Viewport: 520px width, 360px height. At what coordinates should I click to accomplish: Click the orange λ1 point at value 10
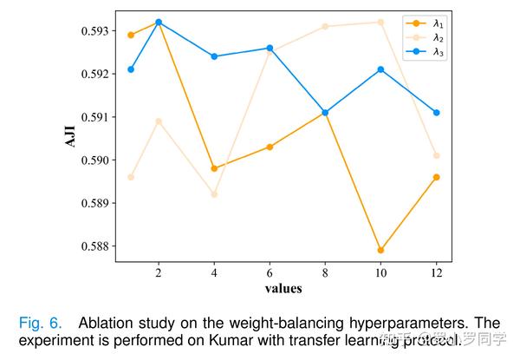pos(380,250)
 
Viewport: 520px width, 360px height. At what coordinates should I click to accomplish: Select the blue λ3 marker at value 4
pos(214,56)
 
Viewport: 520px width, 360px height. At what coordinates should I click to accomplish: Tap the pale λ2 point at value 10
pos(380,22)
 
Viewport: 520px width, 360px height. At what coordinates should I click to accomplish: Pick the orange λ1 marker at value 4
pos(214,168)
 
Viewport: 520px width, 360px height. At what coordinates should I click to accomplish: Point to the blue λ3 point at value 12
pos(436,113)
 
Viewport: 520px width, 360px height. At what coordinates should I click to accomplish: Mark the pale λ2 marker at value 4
pos(214,194)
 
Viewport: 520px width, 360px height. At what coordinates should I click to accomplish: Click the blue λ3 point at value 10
pos(380,69)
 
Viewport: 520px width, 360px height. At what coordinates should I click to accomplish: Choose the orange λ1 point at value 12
pos(436,177)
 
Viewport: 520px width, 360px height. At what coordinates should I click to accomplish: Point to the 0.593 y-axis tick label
pos(94,31)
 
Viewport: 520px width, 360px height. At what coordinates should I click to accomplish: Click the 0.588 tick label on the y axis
pos(94,246)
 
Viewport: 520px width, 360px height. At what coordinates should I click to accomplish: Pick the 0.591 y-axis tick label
pos(94,117)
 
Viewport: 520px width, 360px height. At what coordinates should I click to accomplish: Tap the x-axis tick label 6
pos(270,272)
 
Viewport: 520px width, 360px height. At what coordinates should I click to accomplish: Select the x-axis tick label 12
pos(436,272)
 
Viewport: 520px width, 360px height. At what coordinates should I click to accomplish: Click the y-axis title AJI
pos(71,136)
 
